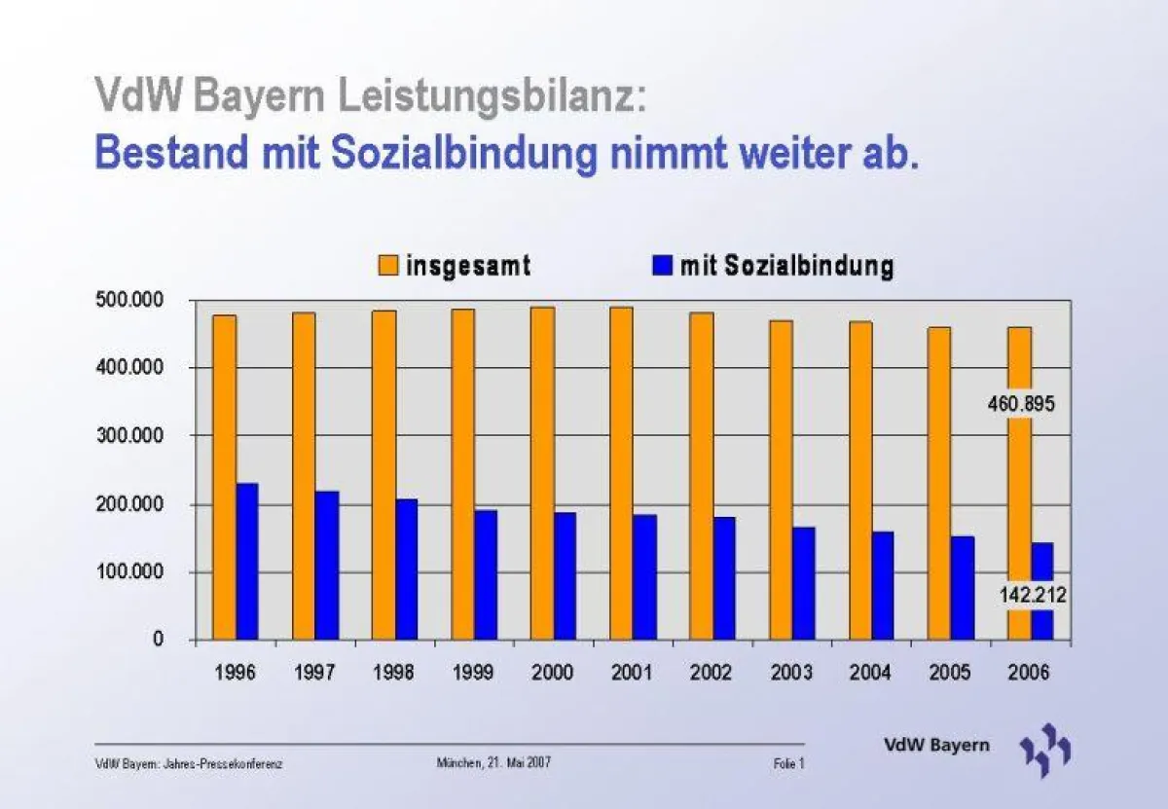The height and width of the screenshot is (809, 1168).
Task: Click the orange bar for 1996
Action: coord(225,477)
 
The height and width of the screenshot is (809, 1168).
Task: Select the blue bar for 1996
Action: coord(247,562)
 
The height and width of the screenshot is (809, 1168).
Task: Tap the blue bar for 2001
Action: coord(644,577)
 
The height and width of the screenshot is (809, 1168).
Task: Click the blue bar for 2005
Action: coord(962,588)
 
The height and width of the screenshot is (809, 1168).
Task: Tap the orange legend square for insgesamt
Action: coord(388,265)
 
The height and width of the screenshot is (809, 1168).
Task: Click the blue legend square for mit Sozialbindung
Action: coord(663,265)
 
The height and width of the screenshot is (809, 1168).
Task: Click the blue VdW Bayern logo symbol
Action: coord(1045,750)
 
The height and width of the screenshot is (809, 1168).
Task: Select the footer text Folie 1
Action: coord(788,764)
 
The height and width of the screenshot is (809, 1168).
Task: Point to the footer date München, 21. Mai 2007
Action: coord(493,763)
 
